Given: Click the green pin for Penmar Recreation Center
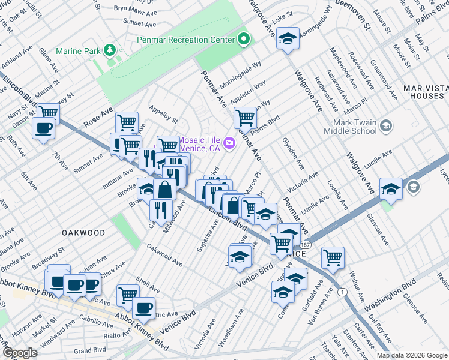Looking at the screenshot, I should (x=243, y=40).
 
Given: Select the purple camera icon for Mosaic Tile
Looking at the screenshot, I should (x=229, y=143).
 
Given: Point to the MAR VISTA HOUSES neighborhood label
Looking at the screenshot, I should (x=423, y=92).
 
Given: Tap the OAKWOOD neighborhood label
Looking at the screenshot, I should (x=82, y=232).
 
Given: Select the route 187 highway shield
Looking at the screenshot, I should (x=306, y=245).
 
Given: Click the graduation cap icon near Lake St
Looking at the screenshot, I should (x=288, y=39).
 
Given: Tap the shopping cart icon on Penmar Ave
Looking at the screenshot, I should (x=245, y=117).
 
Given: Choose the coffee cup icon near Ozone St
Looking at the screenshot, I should (x=43, y=127).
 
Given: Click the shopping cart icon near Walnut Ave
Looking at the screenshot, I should (x=333, y=257).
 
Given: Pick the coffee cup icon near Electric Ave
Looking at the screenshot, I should (x=143, y=308).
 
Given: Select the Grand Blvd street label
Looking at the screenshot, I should (x=91, y=349).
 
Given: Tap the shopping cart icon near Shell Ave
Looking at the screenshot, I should (x=127, y=294).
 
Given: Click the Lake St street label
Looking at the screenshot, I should (x=282, y=14).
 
